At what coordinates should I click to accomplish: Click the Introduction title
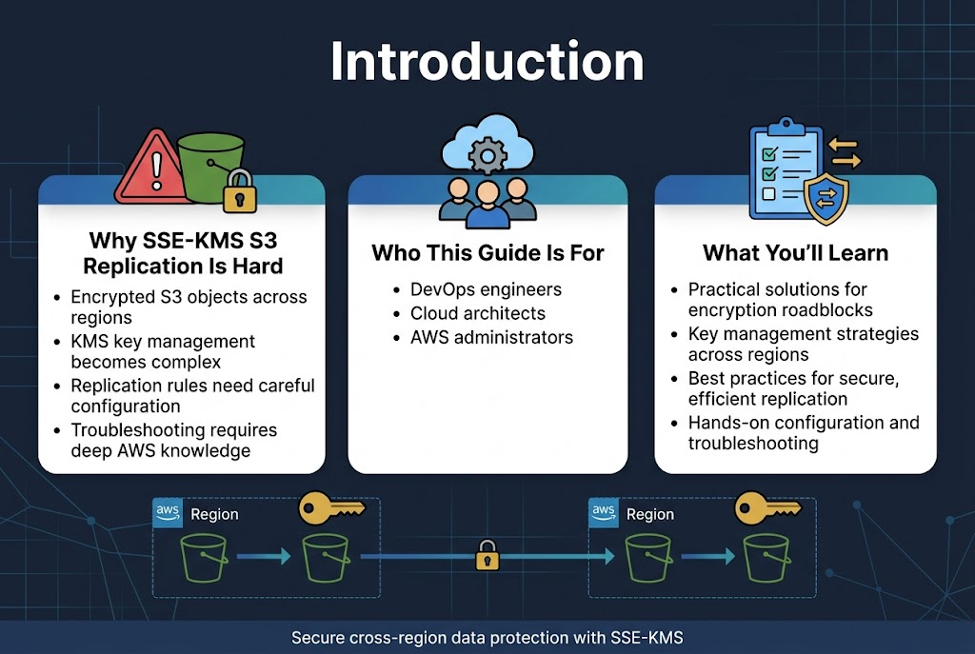[487, 62]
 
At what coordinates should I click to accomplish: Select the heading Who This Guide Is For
[487, 252]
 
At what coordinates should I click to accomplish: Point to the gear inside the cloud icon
[487, 152]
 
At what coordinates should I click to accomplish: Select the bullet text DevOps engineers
[486, 289]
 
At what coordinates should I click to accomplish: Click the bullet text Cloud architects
[477, 313]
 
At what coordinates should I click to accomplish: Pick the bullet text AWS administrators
[491, 337]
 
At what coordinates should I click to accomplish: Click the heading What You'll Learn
[795, 252]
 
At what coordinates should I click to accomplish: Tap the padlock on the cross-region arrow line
[487, 555]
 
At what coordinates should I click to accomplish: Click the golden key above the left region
[330, 508]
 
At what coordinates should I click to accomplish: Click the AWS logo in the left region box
[168, 512]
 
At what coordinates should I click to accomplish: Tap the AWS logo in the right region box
[604, 512]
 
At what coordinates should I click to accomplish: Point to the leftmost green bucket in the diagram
[204, 558]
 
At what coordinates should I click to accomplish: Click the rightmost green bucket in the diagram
[766, 558]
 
